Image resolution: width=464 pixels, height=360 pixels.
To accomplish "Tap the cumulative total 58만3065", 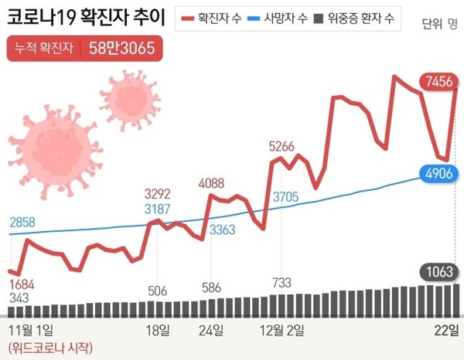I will coord(121,50).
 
